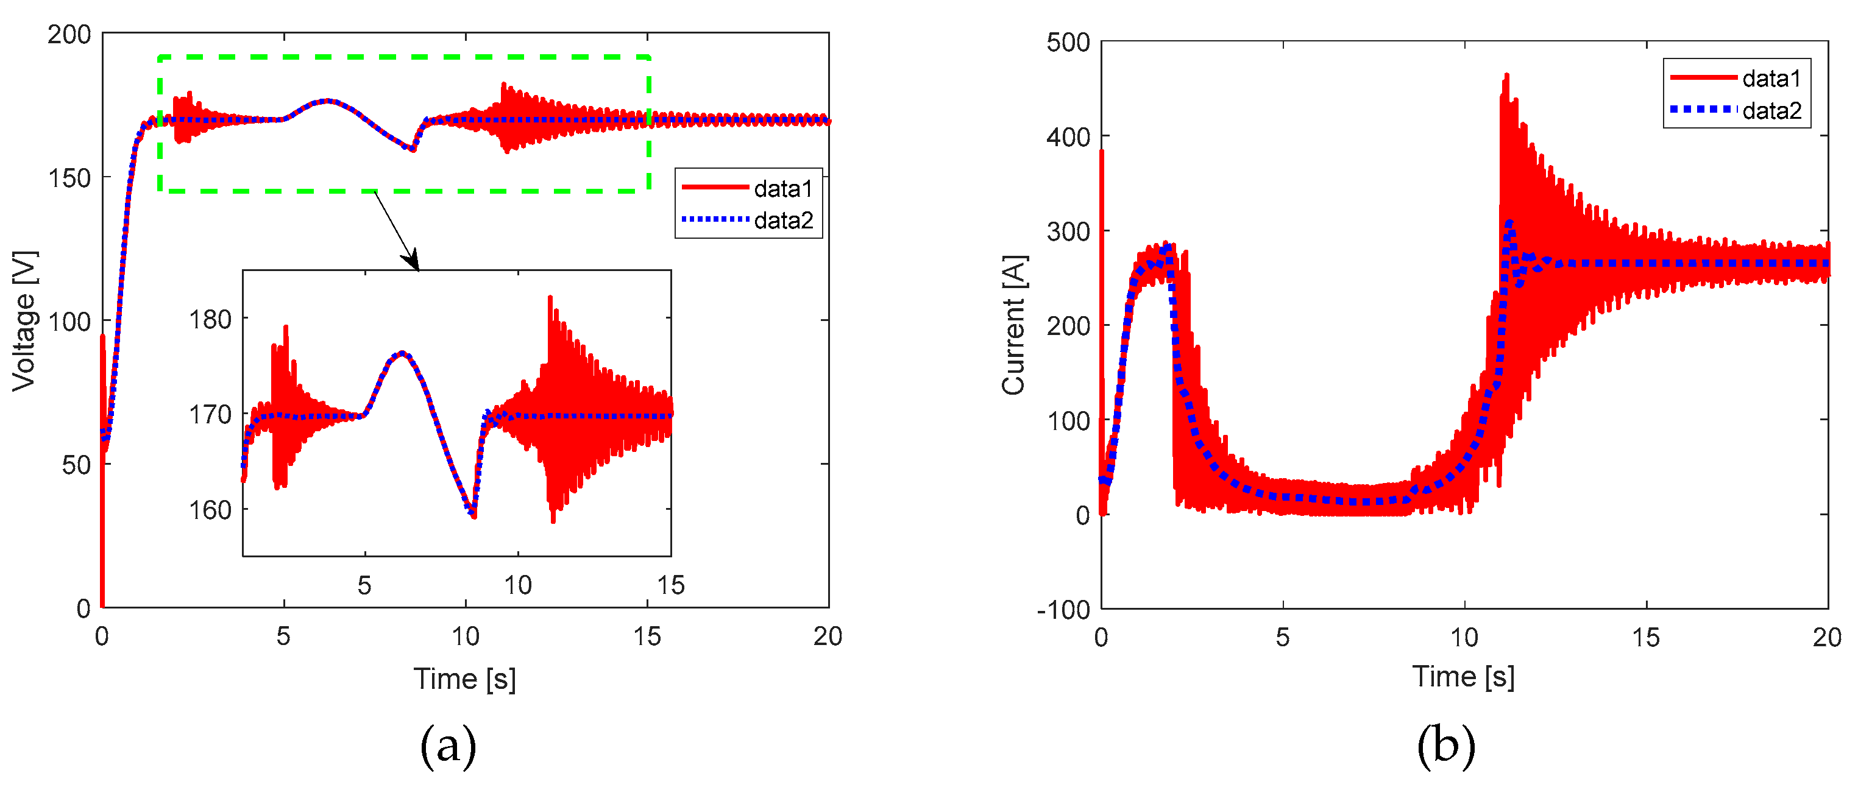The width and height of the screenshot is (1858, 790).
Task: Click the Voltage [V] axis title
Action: (24, 322)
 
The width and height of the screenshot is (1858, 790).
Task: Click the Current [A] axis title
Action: (1013, 325)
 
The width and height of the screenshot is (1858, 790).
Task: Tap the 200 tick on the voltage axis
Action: (69, 35)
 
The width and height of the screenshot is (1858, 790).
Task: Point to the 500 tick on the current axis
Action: (1068, 43)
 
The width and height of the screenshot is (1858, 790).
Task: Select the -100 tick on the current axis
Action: (1063, 610)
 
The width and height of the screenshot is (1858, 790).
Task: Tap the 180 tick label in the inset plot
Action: (210, 319)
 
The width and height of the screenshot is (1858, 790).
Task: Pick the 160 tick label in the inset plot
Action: (210, 510)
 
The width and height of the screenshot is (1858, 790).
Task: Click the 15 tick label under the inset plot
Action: (670, 585)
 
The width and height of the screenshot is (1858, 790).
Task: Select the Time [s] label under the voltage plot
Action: (464, 679)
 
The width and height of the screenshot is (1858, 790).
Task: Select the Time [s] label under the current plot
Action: (1463, 677)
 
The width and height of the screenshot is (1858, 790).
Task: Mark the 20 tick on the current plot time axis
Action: (1827, 637)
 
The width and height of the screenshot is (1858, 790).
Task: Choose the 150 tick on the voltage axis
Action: (69, 178)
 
